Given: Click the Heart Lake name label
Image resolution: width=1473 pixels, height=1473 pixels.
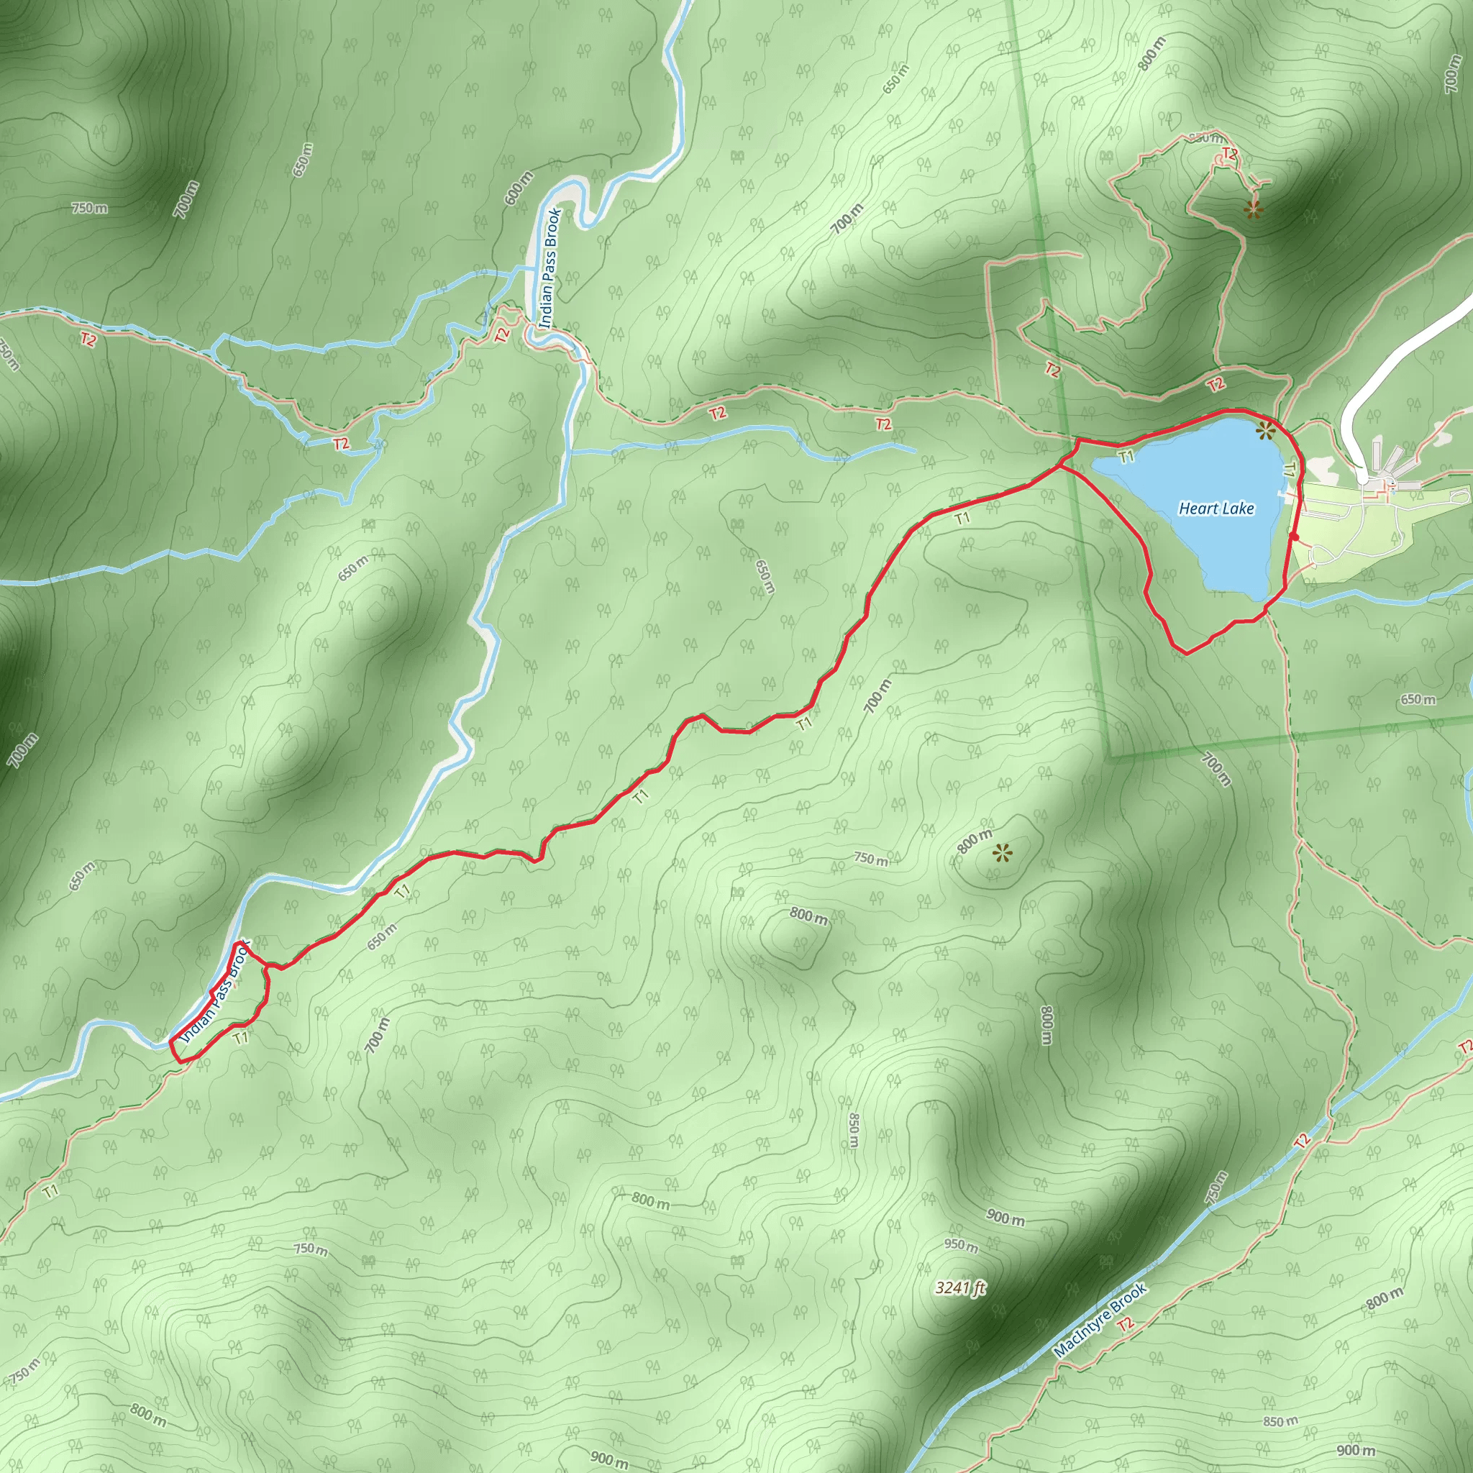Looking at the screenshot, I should pyautogui.click(x=1216, y=509).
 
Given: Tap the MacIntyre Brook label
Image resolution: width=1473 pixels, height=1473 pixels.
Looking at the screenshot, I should pyautogui.click(x=1100, y=1319).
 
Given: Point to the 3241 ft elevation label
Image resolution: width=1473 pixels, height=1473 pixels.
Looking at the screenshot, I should pyautogui.click(x=960, y=1287).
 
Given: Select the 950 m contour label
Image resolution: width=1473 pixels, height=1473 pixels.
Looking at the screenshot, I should pyautogui.click(x=961, y=1245).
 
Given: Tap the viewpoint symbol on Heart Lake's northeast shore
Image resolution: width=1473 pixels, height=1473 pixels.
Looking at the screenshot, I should pyautogui.click(x=1266, y=432).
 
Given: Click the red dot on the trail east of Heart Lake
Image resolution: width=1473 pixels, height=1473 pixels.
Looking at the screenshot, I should pyautogui.click(x=1295, y=537).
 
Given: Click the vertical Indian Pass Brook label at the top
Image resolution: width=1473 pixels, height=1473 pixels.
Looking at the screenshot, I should pyautogui.click(x=549, y=268).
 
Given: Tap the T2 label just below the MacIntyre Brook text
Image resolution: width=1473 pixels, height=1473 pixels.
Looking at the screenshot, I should pyautogui.click(x=1126, y=1345).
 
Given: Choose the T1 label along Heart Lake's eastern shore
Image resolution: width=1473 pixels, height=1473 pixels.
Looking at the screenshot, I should pyautogui.click(x=1288, y=471).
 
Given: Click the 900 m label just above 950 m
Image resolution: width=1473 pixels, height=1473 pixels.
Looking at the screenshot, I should pyautogui.click(x=1005, y=1218).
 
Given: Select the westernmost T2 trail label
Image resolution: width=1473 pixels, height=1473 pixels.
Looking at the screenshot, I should pyautogui.click(x=88, y=340).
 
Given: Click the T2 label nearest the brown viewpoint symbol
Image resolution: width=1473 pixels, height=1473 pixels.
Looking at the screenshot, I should pyautogui.click(x=1230, y=154).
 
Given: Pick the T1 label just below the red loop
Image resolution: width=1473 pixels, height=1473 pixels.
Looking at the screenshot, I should pyautogui.click(x=241, y=1039).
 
